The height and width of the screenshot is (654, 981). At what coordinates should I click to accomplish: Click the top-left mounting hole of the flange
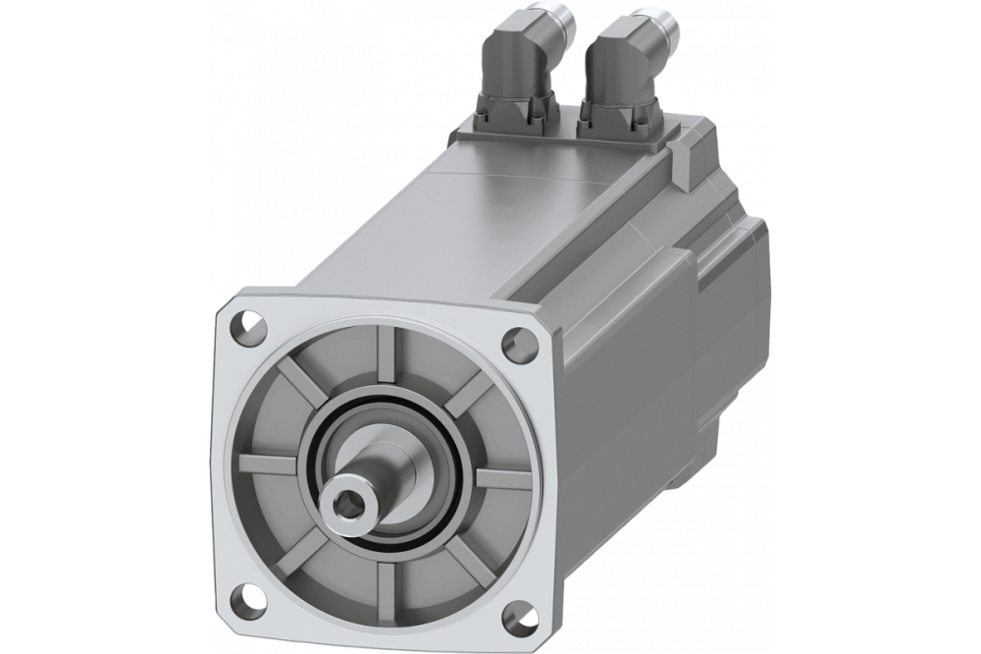248,320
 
